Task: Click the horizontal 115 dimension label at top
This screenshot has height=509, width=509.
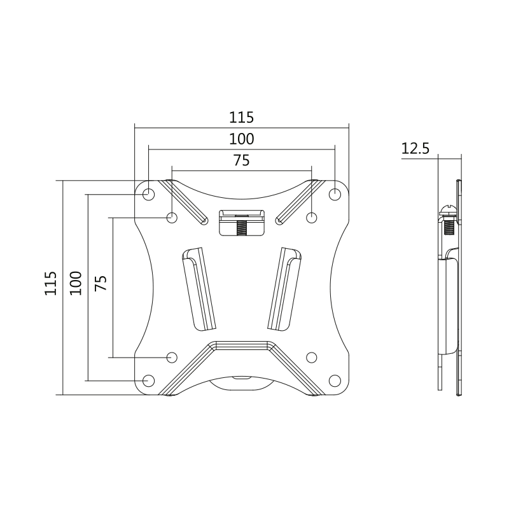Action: point(242,117)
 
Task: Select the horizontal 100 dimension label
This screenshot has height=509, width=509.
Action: point(242,139)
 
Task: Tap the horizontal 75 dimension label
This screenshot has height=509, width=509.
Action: point(241,160)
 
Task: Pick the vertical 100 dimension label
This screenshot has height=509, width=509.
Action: point(75,283)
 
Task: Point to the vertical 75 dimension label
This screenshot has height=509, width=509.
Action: point(100,283)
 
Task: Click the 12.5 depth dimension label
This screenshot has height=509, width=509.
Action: point(416,149)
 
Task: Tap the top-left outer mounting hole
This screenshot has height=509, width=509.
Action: point(148,193)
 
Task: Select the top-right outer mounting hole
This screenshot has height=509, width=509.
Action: point(335,193)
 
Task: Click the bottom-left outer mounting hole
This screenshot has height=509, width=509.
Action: point(148,380)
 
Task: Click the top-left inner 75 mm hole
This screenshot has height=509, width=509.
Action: point(172,218)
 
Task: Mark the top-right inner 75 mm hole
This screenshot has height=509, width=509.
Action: point(311,218)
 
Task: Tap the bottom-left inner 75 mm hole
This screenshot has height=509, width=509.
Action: point(172,357)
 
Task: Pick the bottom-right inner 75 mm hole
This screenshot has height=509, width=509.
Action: point(311,357)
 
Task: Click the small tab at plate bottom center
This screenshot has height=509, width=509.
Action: point(242,379)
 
